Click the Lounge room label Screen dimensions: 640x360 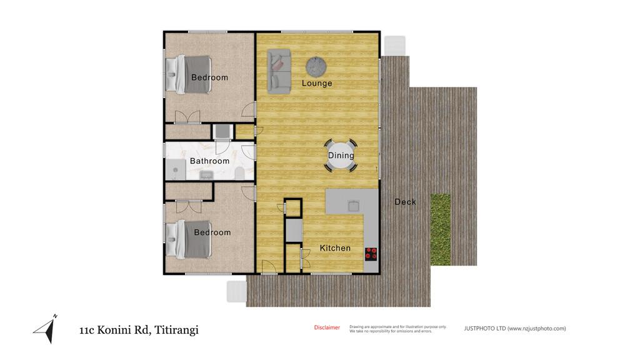[317, 83]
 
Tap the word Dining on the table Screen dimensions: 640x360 [341, 156]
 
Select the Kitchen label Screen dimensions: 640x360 [335, 248]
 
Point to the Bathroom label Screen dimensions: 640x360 [209, 161]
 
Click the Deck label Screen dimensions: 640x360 [405, 202]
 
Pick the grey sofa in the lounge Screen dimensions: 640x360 [279, 71]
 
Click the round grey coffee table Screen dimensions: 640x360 [316, 66]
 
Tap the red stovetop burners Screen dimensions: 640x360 [371, 254]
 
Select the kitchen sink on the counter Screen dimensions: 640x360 [354, 206]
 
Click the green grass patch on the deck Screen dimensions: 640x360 [441, 229]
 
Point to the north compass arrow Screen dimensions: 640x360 [46, 329]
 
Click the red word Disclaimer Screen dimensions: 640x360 [327, 327]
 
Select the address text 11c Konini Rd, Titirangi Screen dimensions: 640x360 [139, 330]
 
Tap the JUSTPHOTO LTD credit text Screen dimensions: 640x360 [515, 328]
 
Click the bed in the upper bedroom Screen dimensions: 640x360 [189, 75]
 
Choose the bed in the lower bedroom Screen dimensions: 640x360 [189, 239]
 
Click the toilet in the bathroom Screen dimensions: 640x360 [239, 174]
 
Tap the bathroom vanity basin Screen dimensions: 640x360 [206, 176]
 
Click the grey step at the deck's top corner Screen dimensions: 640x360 [395, 46]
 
